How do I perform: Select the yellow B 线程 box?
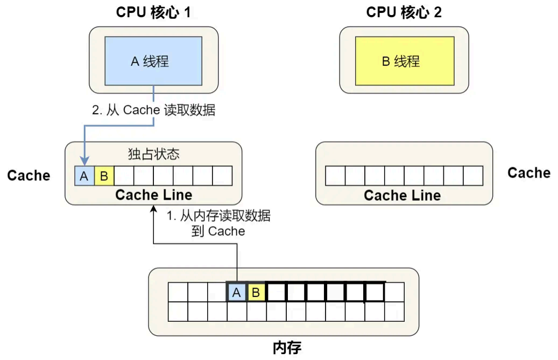pos(405,61)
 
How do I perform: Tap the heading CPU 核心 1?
pos(153,12)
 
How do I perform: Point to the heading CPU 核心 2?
pos(404,12)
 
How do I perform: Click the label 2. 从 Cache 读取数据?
pos(154,110)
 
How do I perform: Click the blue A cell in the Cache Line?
pos(84,176)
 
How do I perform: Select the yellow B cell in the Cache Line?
pos(104,176)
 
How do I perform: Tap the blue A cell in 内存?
pos(236,293)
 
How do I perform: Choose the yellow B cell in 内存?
pos(256,293)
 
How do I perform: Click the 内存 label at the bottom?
pos(287,347)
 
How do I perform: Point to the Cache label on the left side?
pos(29,175)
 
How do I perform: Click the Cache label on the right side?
pos(529,173)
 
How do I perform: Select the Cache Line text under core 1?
pos(154,194)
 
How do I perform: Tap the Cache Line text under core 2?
pos(402,195)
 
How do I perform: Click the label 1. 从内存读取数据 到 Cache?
pos(218,224)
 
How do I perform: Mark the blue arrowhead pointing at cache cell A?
pos(84,161)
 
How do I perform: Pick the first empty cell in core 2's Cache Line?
pos(335,176)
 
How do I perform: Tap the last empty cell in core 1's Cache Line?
pos(222,176)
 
